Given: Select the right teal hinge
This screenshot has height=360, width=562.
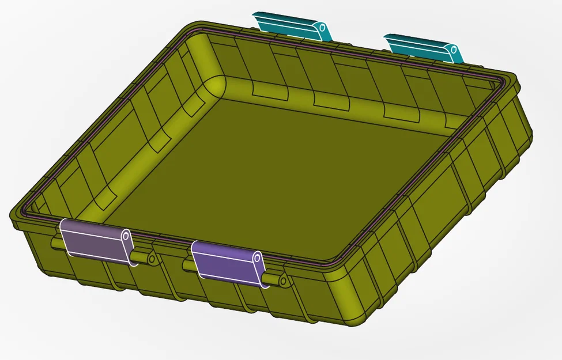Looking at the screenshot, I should [418, 46].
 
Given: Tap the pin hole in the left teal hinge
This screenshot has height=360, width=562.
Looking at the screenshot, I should [322, 28].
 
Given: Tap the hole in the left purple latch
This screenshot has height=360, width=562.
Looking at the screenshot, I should [125, 236].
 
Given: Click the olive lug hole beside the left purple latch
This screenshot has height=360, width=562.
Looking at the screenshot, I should [152, 260].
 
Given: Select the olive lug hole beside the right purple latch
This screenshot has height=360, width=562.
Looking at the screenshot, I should [283, 281].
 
